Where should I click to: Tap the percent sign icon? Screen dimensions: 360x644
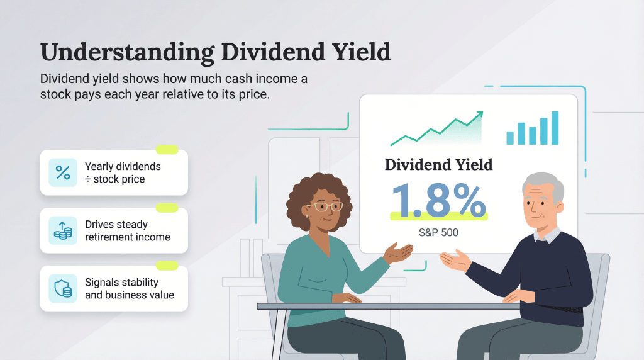coord(63,172)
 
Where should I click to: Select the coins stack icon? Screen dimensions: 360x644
coord(63,231)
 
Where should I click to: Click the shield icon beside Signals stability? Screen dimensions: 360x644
coord(63,288)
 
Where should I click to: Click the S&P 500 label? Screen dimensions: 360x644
coord(438,232)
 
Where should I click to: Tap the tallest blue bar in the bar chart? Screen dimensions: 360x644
coord(554,128)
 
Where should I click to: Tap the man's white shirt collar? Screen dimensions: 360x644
coord(546,235)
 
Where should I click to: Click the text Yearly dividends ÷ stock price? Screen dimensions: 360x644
coord(123,173)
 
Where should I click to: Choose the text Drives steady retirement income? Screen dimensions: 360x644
coord(127,231)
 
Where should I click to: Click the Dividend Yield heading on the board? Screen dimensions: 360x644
coord(438,165)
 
